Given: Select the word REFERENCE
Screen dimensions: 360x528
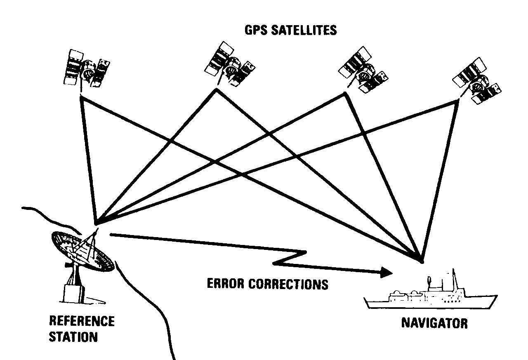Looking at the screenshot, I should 82,321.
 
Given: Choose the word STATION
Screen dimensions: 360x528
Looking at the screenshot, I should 73,336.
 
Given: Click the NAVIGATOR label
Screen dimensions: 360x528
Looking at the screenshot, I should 434,322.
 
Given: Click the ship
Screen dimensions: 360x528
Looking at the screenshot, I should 429,299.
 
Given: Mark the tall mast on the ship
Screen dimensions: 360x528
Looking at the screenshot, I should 454,280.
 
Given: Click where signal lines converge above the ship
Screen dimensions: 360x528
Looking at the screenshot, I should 421,260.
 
